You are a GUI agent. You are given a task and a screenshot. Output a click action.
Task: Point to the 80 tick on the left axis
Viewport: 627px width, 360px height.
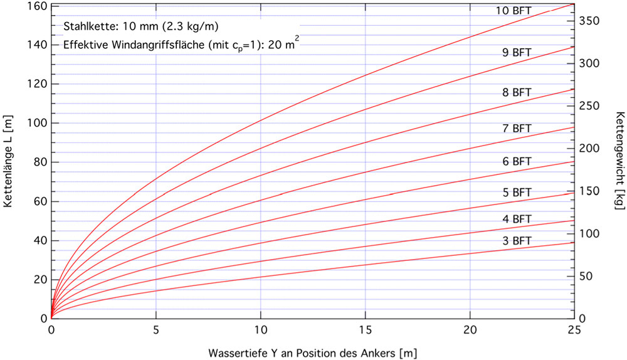[37, 162]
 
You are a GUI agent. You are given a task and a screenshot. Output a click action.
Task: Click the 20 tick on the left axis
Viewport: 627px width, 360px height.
[37, 279]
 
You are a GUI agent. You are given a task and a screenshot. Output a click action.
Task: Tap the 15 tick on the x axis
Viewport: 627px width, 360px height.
[365, 329]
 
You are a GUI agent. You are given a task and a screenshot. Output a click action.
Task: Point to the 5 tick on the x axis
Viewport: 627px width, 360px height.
[155, 329]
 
